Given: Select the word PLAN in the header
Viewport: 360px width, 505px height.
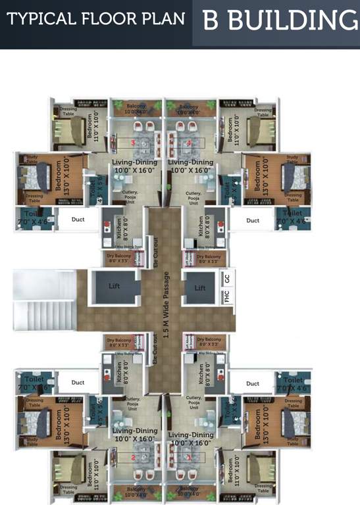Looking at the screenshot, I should [x=161, y=19].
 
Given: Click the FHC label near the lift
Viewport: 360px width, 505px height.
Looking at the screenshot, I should [x=227, y=297].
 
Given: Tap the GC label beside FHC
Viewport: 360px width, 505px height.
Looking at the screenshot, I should [x=227, y=278].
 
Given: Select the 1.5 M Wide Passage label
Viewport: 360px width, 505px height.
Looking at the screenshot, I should [x=167, y=303].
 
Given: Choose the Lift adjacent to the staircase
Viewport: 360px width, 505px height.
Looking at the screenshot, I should [x=115, y=287].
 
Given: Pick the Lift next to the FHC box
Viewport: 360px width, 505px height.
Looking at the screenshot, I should [x=200, y=287].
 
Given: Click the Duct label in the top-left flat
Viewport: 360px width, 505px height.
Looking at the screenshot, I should [x=78, y=220].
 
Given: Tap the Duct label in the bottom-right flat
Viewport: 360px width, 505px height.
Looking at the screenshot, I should [x=253, y=383].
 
